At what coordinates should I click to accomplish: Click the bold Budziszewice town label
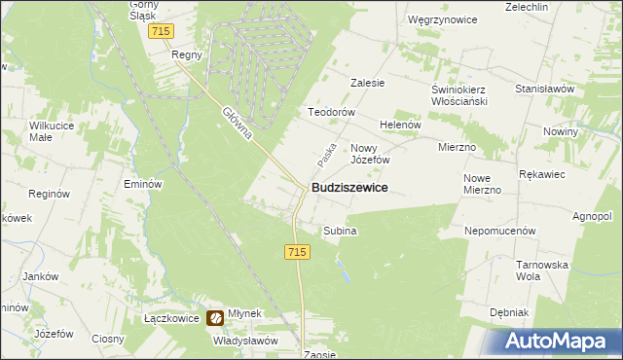click(x=349, y=188)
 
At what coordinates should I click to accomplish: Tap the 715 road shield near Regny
click(x=163, y=32)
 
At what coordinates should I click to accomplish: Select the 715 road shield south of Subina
click(x=299, y=252)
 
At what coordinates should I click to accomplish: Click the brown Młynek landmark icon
click(x=216, y=317)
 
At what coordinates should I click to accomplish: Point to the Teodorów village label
click(x=328, y=112)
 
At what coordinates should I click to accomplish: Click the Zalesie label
click(x=368, y=84)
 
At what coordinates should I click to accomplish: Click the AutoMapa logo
click(x=561, y=342)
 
